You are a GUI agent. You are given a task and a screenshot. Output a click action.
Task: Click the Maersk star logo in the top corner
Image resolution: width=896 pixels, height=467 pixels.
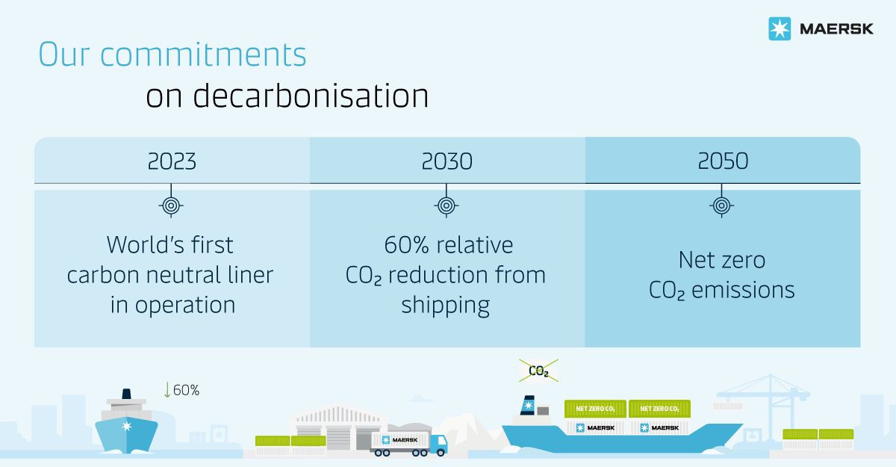point(780,29)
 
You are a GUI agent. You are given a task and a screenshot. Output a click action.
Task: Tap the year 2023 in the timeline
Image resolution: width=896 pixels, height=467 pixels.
point(172,161)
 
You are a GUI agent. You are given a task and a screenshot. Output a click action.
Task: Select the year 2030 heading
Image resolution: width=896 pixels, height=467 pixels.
point(447,161)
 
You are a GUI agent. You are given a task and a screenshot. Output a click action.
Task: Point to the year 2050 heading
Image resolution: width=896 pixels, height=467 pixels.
point(723,161)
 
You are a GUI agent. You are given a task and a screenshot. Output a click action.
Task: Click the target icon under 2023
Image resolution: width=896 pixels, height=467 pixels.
point(171,205)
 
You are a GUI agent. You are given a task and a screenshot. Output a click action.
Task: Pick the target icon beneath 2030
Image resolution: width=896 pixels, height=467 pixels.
point(447,205)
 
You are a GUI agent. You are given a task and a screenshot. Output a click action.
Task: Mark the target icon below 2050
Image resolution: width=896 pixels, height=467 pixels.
point(721,205)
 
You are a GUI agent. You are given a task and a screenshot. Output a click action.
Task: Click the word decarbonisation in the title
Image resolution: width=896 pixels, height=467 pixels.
point(311,96)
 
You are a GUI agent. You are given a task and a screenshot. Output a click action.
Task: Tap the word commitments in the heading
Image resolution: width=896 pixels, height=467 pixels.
point(203,55)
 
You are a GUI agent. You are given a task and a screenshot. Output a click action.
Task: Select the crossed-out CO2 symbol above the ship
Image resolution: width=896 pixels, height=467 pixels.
point(538,371)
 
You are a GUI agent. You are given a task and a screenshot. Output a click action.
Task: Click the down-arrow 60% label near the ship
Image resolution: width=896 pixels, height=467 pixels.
point(182,390)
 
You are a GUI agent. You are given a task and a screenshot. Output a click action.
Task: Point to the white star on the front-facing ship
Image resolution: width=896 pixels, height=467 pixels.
point(127,426)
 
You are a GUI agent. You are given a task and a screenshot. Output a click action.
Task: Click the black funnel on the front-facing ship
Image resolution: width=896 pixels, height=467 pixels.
point(126,394)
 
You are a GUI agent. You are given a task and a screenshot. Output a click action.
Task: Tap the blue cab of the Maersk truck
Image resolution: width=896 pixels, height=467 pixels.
point(438,443)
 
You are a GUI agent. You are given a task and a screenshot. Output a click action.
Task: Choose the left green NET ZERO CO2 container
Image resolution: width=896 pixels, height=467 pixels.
point(595,409)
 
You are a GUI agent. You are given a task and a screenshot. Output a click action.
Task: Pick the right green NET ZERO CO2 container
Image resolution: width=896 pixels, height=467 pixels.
point(659,409)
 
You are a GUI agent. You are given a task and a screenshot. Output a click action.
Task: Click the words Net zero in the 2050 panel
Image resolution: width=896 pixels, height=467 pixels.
point(722,260)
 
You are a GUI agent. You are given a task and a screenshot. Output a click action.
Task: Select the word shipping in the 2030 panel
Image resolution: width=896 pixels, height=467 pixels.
point(446,306)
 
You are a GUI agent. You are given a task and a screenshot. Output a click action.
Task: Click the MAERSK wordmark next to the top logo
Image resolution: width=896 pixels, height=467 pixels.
point(836,29)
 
